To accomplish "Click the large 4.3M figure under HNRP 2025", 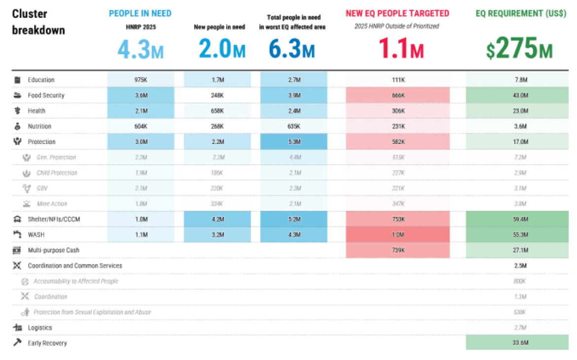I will [141, 50].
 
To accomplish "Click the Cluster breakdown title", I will [38, 22].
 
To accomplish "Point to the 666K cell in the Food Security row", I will [398, 95].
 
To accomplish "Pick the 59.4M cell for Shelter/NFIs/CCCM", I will [521, 219].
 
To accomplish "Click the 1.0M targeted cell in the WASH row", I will [398, 235].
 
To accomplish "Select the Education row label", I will [41, 80].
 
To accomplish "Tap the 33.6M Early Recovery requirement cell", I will [521, 343].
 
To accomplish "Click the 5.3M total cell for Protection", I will [293, 142].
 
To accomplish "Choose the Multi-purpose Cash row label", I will [53, 250].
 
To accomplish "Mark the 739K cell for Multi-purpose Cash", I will [398, 250].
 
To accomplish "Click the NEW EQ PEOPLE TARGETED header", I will [397, 13].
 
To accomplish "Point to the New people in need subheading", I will [217, 27].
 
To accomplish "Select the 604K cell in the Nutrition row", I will [141, 126].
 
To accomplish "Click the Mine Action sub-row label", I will [52, 204].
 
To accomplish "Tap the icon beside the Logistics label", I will [18, 327].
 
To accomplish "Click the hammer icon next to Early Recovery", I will [18, 343].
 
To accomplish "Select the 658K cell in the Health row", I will [217, 111].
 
